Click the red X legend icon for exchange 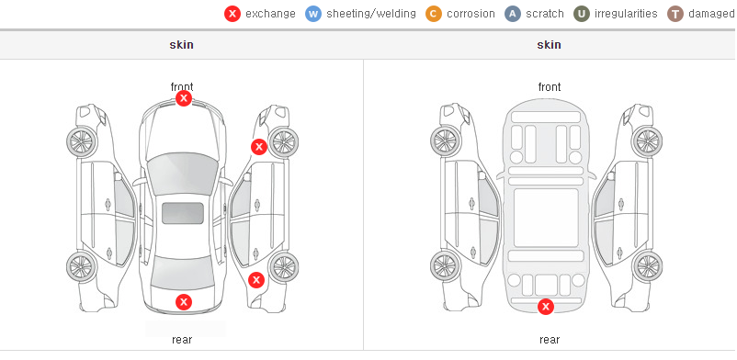pos(232,14)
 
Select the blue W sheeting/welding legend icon pos(313,14)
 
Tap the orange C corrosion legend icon pos(434,14)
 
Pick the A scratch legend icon pos(513,14)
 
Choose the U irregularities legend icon pos(582,14)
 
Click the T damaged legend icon pos(675,14)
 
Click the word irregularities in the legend pos(626,14)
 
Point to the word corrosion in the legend pos(471,14)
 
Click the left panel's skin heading pos(181,45)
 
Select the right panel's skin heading pos(549,45)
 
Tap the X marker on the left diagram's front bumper pos(184,98)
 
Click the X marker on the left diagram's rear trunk pos(184,302)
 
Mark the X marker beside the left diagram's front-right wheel pos(258,147)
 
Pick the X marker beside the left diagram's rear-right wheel pos(256,281)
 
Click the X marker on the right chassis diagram pos(546,307)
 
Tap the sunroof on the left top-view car pos(183,213)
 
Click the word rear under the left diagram pos(182,340)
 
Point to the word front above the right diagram pos(550,87)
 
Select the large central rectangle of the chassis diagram pos(546,218)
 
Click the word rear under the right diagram pos(550,340)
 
